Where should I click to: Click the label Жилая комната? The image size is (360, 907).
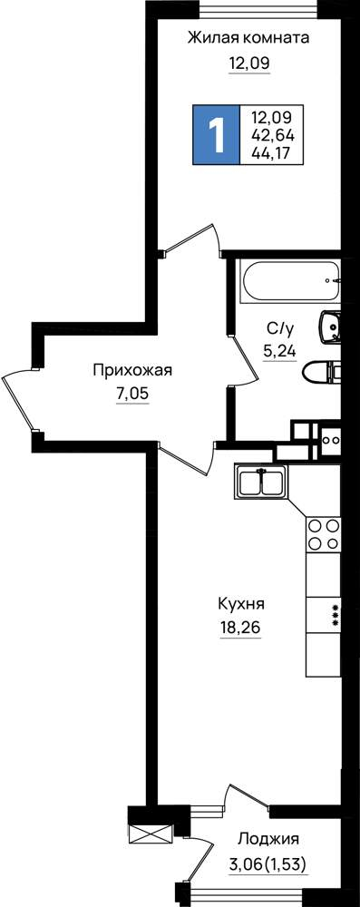[248, 38]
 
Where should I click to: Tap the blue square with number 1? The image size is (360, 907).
[217, 135]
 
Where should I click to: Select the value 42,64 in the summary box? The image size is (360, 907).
[273, 136]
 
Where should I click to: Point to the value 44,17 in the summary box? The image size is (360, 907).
[273, 152]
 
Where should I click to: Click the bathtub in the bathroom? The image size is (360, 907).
[291, 282]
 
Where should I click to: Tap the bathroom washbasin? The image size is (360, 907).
[330, 327]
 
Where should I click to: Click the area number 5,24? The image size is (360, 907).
[280, 350]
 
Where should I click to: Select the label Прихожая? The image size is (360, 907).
[132, 371]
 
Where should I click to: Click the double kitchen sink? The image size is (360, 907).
[261, 482]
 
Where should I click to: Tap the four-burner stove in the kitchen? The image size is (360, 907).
[324, 534]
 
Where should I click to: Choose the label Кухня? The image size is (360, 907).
[241, 604]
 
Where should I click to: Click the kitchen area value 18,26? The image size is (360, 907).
[241, 628]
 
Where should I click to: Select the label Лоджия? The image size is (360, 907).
[268, 839]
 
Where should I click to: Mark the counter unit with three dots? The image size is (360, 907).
[324, 615]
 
